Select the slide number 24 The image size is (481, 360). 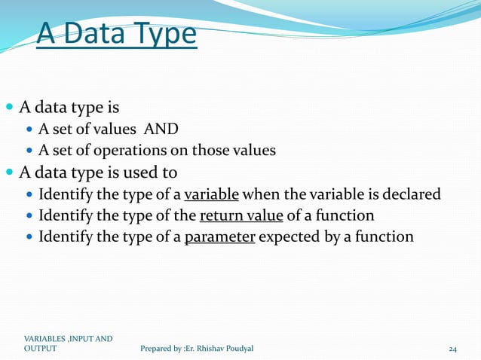point(453,349)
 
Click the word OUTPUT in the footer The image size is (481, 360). point(40,349)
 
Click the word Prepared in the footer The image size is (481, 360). point(158,349)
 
